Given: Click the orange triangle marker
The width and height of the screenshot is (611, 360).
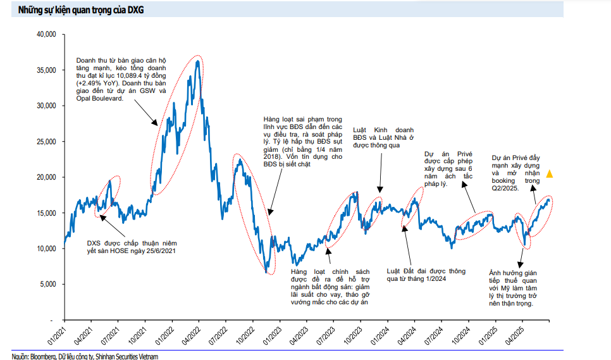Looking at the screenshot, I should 550,173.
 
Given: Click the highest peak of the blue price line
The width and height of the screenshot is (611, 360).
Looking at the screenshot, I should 198,61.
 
